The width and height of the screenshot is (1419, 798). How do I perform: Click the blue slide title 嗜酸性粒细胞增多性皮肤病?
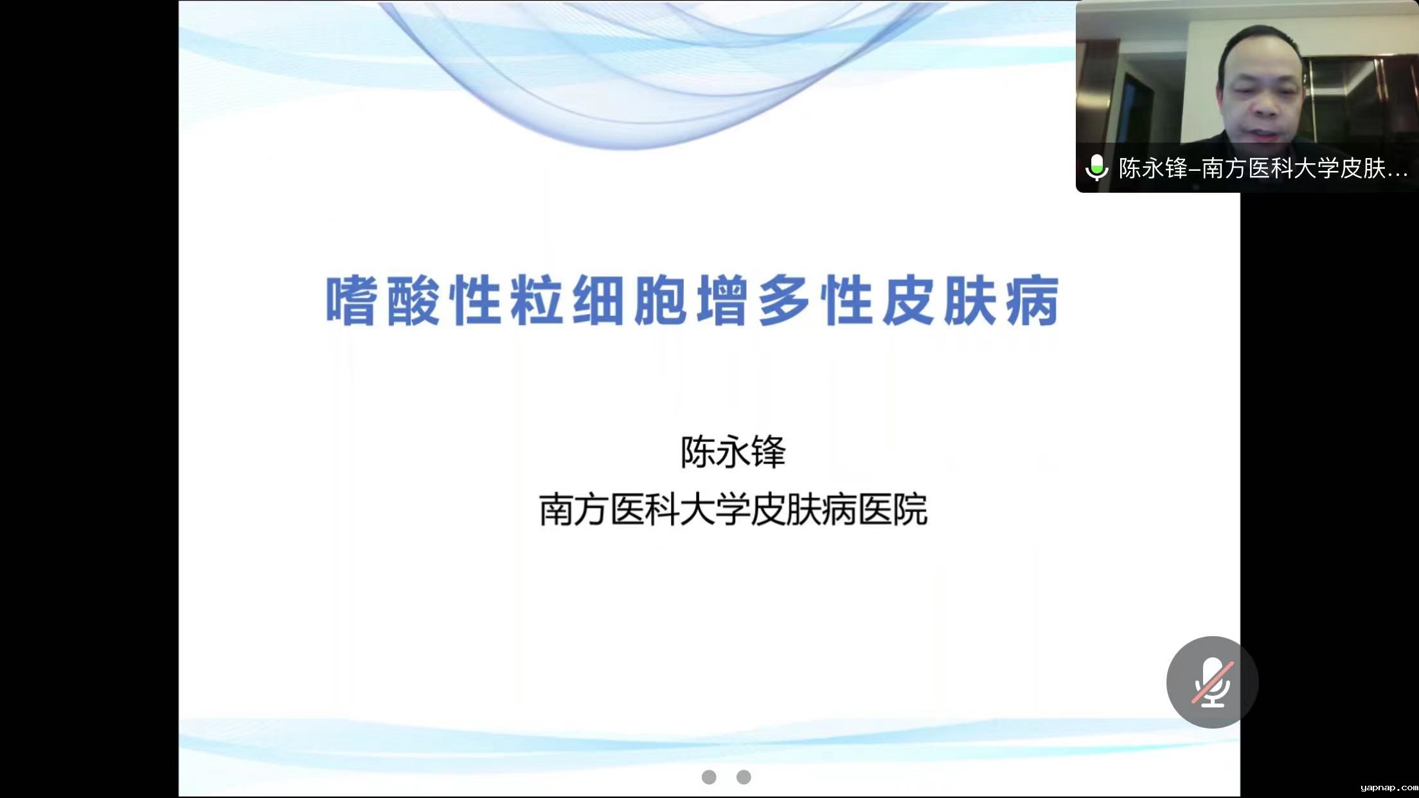pyautogui.click(x=693, y=301)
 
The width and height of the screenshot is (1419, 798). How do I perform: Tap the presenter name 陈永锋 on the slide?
pyautogui.click(x=733, y=452)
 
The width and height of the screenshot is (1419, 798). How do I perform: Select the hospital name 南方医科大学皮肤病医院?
pyautogui.click(x=733, y=510)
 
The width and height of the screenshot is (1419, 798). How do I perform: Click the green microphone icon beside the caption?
pyautogui.click(x=1096, y=168)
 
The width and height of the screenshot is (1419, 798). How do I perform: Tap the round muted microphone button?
pyautogui.click(x=1212, y=682)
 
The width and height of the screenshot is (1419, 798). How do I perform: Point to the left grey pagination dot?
pyautogui.click(x=709, y=777)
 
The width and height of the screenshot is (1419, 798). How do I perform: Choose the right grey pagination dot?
pyautogui.click(x=744, y=777)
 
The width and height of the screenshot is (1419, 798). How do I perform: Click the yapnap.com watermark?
pyautogui.click(x=1389, y=788)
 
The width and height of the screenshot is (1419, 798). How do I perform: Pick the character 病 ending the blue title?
pyautogui.click(x=1035, y=301)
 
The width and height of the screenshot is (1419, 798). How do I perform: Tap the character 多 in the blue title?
pyautogui.click(x=785, y=301)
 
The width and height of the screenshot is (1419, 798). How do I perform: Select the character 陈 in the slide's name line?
pyautogui.click(x=698, y=452)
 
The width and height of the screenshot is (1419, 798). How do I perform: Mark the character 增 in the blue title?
pyautogui.click(x=722, y=301)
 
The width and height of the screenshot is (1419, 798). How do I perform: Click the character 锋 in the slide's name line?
pyautogui.click(x=769, y=452)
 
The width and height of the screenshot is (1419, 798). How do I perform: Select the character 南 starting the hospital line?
pyautogui.click(x=557, y=510)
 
